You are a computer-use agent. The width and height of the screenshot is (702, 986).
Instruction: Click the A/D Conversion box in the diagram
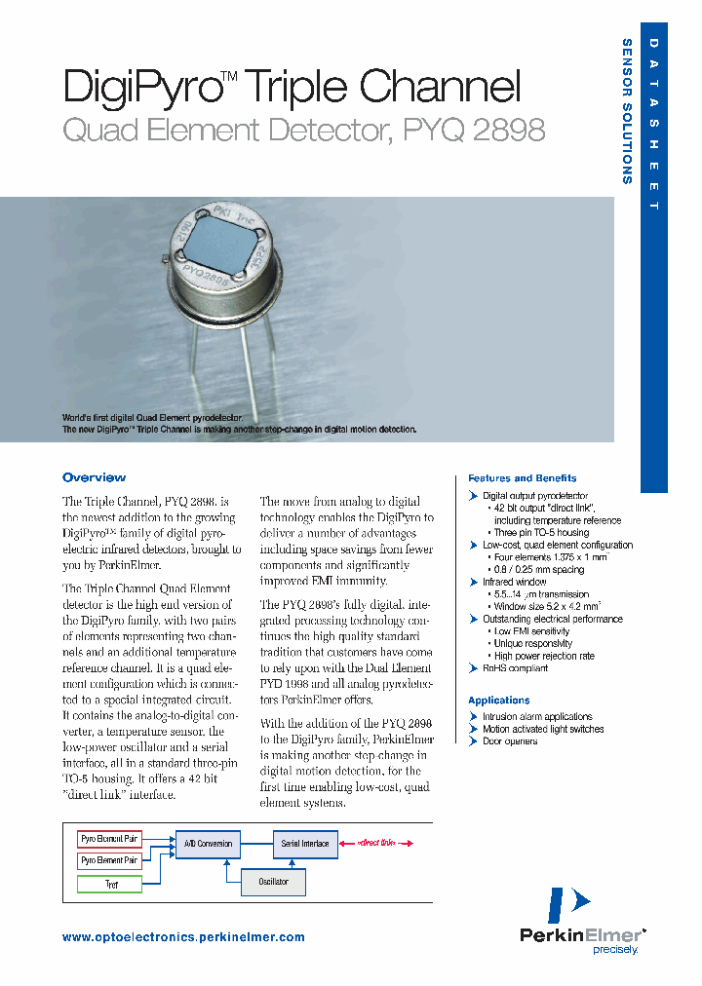pyautogui.click(x=207, y=844)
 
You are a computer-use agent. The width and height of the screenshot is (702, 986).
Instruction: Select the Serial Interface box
pyautogui.click(x=305, y=844)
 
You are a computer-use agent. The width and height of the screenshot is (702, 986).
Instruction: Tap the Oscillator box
pyautogui.click(x=273, y=882)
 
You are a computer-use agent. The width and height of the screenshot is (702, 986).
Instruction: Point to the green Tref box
pyautogui.click(x=110, y=884)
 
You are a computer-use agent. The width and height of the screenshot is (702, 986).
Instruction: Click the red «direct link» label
pyautogui.click(x=375, y=843)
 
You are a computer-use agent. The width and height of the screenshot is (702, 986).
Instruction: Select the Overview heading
pyautogui.click(x=94, y=477)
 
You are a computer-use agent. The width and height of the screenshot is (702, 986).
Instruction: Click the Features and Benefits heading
pyautogui.click(x=522, y=478)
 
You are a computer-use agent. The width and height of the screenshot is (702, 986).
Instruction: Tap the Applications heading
pyautogui.click(x=498, y=701)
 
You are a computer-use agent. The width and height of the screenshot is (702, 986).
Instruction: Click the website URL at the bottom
pyautogui.click(x=183, y=937)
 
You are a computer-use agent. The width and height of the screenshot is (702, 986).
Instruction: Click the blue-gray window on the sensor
pyautogui.click(x=225, y=244)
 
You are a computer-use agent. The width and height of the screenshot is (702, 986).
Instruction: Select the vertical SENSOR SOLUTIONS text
pyautogui.click(x=627, y=111)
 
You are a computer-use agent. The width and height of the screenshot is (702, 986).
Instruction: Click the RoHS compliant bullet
pyautogui.click(x=515, y=668)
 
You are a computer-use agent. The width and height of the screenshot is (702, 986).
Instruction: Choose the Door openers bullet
pyautogui.click(x=509, y=741)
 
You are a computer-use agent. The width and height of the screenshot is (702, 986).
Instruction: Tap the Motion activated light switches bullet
pyautogui.click(x=542, y=729)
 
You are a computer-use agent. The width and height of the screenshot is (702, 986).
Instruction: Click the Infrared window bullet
pyautogui.click(x=514, y=582)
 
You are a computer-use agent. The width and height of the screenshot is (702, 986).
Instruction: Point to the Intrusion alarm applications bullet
pyautogui.click(x=536, y=716)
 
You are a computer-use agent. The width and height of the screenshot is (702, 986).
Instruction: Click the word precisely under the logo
pyautogui.click(x=615, y=948)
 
